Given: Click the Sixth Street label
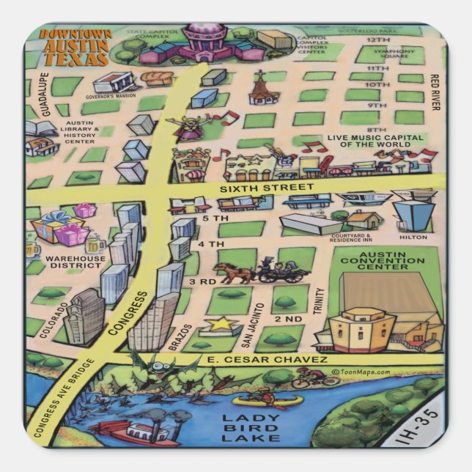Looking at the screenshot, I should [266, 188].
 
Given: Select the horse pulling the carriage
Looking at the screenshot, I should [232, 272].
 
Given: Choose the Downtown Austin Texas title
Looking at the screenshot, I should [75, 48].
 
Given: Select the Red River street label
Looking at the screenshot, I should [435, 92].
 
